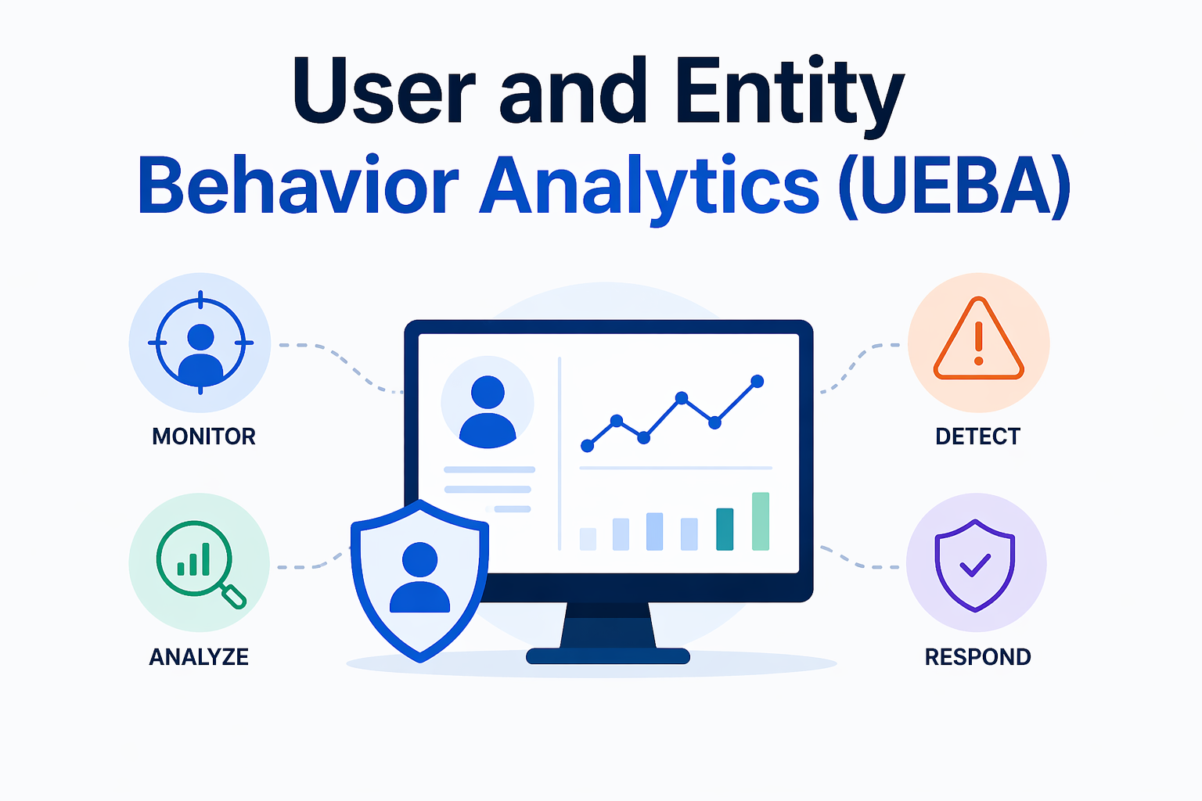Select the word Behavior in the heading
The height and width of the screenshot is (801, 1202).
tap(298, 185)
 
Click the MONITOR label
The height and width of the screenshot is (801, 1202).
tap(204, 436)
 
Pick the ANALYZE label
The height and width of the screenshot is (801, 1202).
tap(199, 657)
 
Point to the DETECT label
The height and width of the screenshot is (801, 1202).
tap(977, 436)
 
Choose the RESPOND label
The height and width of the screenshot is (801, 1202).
tap(977, 657)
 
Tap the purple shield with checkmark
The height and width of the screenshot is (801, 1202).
tap(975, 566)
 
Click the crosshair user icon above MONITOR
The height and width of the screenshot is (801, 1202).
tap(200, 343)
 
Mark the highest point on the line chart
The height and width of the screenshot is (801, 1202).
tap(758, 382)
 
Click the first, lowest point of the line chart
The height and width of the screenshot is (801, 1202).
tap(588, 446)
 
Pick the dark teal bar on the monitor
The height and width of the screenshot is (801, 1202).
tap(725, 529)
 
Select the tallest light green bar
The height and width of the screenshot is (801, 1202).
tap(761, 522)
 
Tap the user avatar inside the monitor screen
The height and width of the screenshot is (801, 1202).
tap(488, 411)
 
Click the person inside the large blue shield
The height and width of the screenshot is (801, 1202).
tap(419, 577)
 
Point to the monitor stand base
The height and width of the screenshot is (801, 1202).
tap(608, 656)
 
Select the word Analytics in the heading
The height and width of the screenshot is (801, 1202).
tap(650, 188)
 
